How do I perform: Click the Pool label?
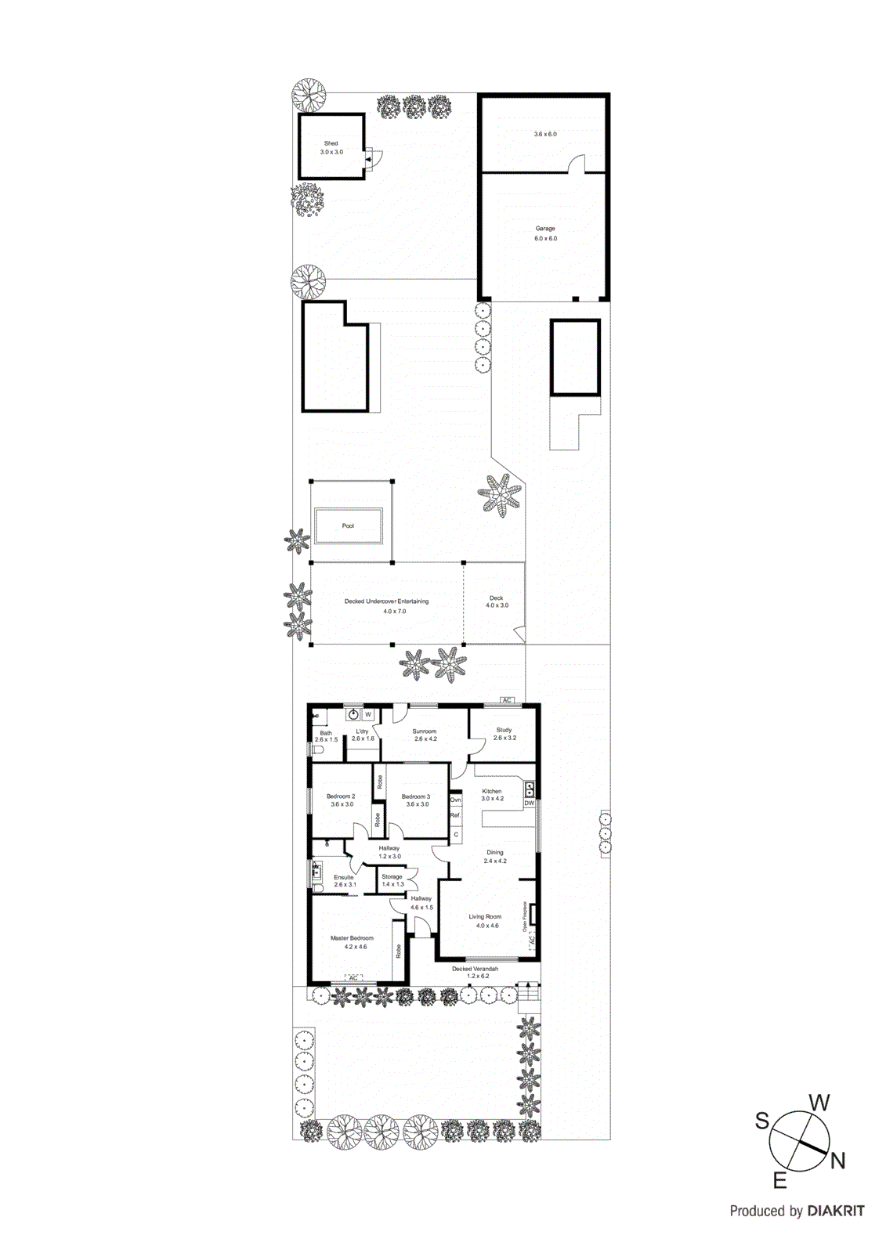pyautogui.click(x=348, y=526)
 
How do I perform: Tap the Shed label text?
pyautogui.click(x=331, y=144)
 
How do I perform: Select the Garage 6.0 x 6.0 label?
pyautogui.click(x=545, y=233)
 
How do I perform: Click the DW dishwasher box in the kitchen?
pyautogui.click(x=530, y=803)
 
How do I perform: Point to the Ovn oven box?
pyautogui.click(x=455, y=800)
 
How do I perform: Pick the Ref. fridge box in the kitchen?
pyautogui.click(x=455, y=815)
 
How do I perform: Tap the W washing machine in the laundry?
pyautogui.click(x=368, y=715)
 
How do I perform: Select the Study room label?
pyautogui.click(x=504, y=734)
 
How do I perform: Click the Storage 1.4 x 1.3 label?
pyautogui.click(x=392, y=880)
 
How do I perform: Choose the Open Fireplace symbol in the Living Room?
pyautogui.click(x=533, y=915)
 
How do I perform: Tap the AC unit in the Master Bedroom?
pyautogui.click(x=353, y=978)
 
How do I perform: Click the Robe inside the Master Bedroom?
pyautogui.click(x=399, y=951)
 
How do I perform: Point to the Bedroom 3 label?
pyautogui.click(x=417, y=800)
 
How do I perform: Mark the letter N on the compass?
pyautogui.click(x=837, y=1161)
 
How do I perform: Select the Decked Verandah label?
pyautogui.click(x=475, y=972)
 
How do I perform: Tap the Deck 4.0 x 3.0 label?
pyautogui.click(x=497, y=601)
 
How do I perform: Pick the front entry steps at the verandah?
pyautogui.click(x=528, y=995)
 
